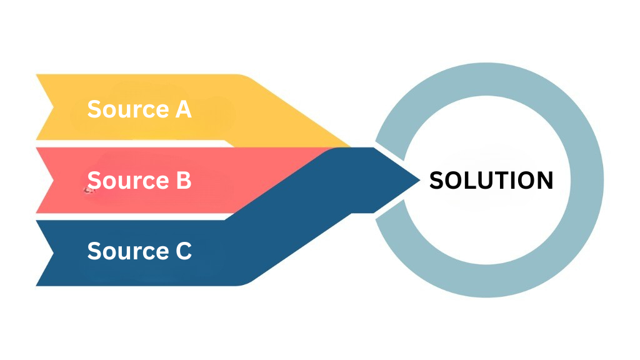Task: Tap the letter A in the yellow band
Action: [182, 109]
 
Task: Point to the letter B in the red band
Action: [182, 181]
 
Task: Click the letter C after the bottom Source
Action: [182, 251]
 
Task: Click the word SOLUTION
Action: [491, 181]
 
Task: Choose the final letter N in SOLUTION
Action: [544, 181]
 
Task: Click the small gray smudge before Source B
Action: [88, 190]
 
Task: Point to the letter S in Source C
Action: [94, 251]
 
